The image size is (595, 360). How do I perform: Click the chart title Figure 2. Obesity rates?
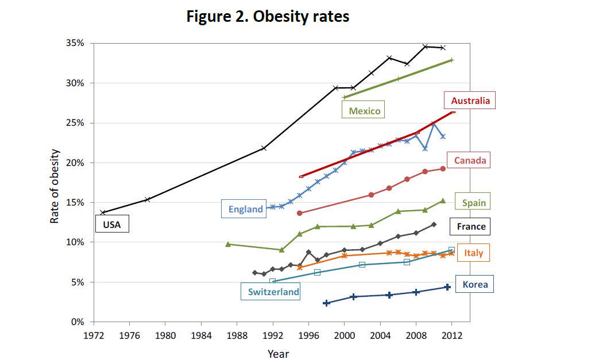pyautogui.click(x=268, y=17)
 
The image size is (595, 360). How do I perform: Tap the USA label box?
pyautogui.click(x=112, y=224)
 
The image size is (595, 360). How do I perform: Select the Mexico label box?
pyautogui.click(x=364, y=111)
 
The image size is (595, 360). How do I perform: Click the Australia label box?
pyautogui.click(x=470, y=101)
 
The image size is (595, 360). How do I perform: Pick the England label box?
pyautogui.click(x=245, y=209)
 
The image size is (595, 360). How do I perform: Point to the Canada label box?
pyautogui.click(x=470, y=160)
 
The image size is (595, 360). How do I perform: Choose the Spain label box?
pyautogui.click(x=473, y=203)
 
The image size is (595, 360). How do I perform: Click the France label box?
pyautogui.click(x=471, y=226)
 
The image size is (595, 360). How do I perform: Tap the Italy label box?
pyautogui.click(x=473, y=253)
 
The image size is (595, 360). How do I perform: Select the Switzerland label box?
pyautogui.click(x=273, y=292)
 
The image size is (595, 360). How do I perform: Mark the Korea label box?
pyautogui.click(x=474, y=284)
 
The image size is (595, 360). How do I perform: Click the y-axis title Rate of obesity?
pyautogui.click(x=55, y=186)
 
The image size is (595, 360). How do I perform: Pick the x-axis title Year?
pyautogui.click(x=279, y=354)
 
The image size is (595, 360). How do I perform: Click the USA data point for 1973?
pyautogui.click(x=103, y=212)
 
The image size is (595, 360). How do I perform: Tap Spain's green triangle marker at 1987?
pyautogui.click(x=228, y=244)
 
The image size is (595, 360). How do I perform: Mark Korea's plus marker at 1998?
pyautogui.click(x=326, y=303)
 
